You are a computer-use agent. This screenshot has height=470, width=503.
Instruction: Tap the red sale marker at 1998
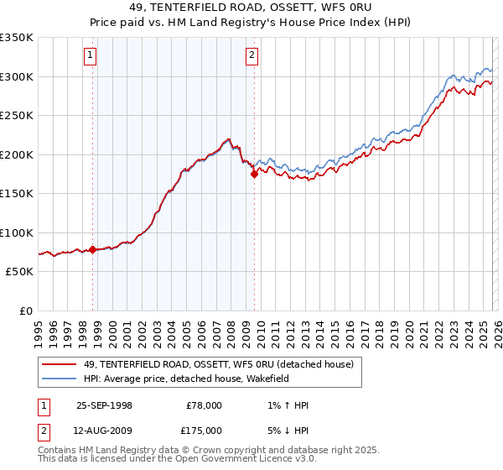(x=93, y=249)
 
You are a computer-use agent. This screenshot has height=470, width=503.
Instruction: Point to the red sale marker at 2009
(x=254, y=175)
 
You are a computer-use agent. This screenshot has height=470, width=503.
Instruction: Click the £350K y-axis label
(x=17, y=38)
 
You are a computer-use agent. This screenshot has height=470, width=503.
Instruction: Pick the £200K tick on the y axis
(x=17, y=154)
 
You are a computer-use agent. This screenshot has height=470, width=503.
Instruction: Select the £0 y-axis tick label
(x=26, y=311)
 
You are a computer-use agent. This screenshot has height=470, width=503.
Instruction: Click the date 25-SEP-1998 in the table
(x=104, y=405)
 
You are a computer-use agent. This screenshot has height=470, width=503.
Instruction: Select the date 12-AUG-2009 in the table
(x=104, y=431)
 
